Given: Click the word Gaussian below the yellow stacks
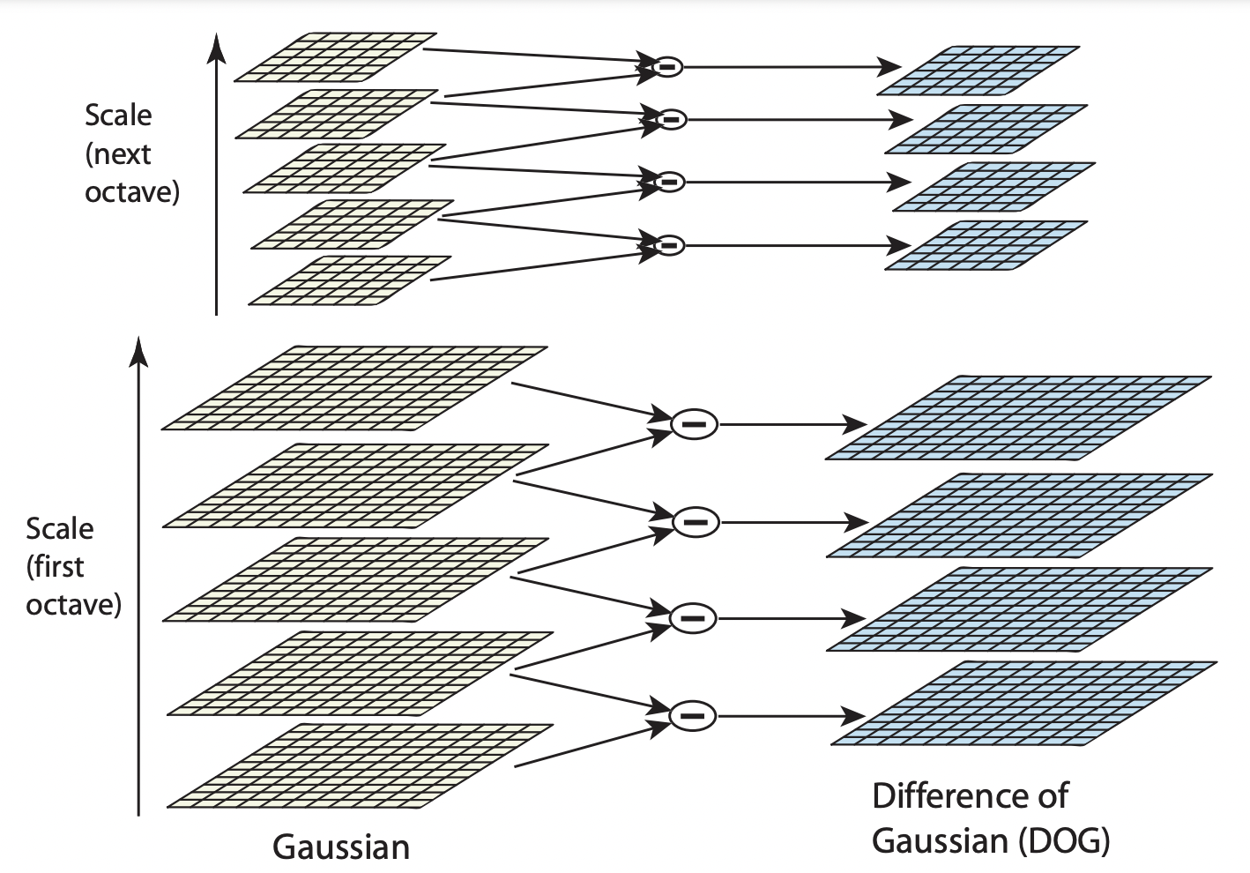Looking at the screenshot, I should point(341,847).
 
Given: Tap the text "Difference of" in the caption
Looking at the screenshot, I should point(969,796).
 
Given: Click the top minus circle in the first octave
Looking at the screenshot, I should point(695,425).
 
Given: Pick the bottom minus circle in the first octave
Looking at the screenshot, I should point(693,716).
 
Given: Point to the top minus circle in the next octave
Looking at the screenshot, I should point(667,66).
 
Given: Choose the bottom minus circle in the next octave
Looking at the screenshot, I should point(669,245).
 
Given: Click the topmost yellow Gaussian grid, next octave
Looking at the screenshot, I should point(335,57).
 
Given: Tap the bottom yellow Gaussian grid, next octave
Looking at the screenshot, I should point(350,281).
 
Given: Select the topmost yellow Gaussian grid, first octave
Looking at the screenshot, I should point(354,388).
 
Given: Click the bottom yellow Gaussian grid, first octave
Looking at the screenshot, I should point(360,765).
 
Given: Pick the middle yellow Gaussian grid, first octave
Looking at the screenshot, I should point(356,579).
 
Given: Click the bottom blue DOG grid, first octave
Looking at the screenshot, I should point(1023,703).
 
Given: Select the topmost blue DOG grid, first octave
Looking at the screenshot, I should point(1018,418).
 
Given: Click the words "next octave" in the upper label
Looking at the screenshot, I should point(131,173).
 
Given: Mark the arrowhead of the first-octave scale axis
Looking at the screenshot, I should point(138,349).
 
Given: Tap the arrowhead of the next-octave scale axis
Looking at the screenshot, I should point(216,47).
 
